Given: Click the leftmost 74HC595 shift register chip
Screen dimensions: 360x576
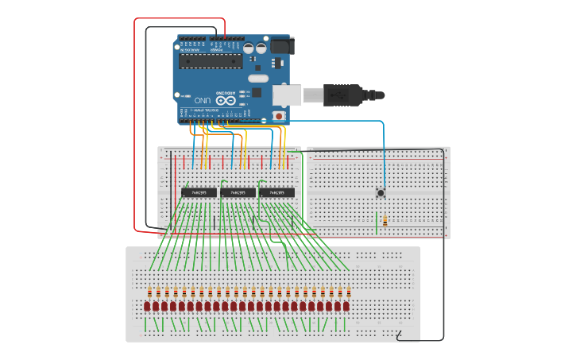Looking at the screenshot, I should click(x=199, y=192).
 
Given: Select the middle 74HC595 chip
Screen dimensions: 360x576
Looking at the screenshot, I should click(x=238, y=192).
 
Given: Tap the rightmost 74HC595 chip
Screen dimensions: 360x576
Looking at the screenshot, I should click(x=276, y=192).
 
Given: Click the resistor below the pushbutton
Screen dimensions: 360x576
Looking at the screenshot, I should click(x=385, y=222).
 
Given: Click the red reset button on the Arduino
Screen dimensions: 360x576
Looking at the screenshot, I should click(x=279, y=116).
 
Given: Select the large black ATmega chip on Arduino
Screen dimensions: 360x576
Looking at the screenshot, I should click(x=211, y=60).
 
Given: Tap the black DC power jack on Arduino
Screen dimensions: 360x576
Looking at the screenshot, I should click(x=282, y=45).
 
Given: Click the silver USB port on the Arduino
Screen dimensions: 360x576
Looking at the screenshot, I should click(x=287, y=95).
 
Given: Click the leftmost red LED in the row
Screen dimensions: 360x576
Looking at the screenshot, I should click(x=148, y=306).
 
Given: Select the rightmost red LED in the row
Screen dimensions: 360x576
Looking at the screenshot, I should click(x=347, y=306).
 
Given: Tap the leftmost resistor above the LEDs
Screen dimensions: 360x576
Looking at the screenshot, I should click(x=148, y=292).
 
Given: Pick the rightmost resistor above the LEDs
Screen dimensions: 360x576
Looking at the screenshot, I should click(x=347, y=292).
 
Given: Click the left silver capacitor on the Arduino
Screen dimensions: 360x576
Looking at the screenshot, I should click(x=249, y=48).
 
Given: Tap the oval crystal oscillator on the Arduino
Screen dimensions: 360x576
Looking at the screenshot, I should click(x=258, y=78).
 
